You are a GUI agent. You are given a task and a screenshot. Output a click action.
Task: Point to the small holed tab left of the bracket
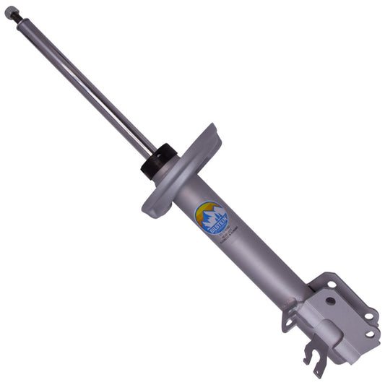287,318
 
